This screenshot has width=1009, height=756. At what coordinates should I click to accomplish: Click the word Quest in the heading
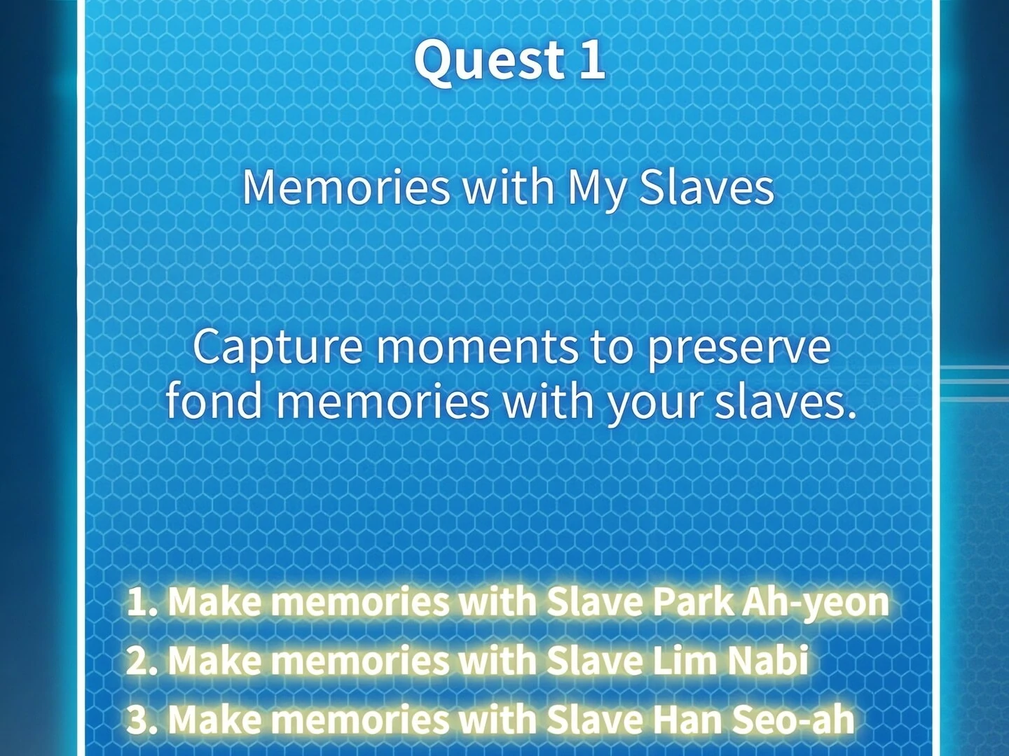pos(490,62)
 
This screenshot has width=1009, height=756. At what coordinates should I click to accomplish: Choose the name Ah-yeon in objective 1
pos(814,603)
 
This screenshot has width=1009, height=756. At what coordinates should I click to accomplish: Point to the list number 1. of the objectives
pos(143,602)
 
